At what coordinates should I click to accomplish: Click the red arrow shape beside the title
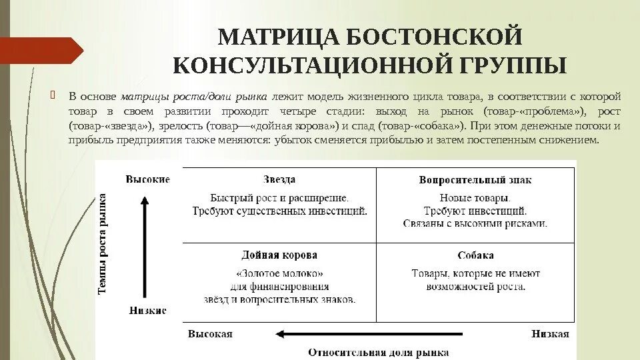click(x=41, y=51)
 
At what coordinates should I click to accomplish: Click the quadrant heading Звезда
click(x=279, y=179)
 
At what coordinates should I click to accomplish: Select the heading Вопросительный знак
click(x=475, y=180)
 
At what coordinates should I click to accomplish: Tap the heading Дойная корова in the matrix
click(x=279, y=255)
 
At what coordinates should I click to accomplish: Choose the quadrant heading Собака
click(x=475, y=255)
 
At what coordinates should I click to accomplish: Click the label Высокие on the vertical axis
click(x=147, y=179)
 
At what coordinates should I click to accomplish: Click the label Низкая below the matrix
click(x=550, y=334)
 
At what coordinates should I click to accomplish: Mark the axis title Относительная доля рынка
click(x=378, y=352)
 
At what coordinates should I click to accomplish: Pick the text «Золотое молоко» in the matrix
click(x=279, y=273)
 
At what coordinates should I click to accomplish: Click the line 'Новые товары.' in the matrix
click(x=475, y=198)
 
